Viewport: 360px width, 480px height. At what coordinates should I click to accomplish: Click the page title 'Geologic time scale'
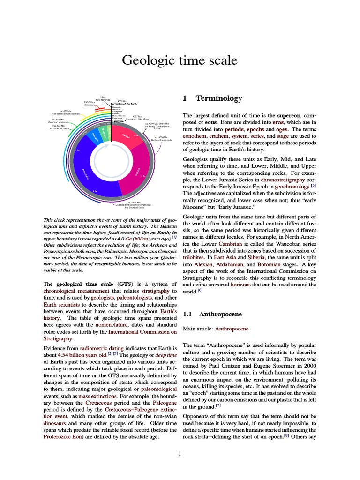click(180, 60)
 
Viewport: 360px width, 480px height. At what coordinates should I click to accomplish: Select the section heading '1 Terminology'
click(212, 98)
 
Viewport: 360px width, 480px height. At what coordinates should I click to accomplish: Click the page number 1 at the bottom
click(180, 453)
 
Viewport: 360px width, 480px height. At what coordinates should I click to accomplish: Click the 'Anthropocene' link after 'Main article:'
click(232, 329)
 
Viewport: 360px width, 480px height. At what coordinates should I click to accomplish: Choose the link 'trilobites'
click(194, 251)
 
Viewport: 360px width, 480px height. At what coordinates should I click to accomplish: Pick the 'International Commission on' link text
click(142, 332)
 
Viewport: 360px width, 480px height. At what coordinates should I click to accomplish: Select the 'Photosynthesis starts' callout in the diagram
click(162, 140)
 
